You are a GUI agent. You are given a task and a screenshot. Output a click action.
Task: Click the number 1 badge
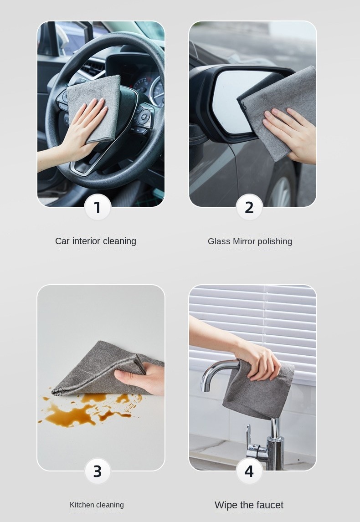pyautogui.click(x=98, y=207)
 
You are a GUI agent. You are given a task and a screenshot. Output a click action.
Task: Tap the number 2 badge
pyautogui.click(x=249, y=207)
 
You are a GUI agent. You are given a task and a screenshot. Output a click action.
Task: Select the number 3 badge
pyautogui.click(x=98, y=471)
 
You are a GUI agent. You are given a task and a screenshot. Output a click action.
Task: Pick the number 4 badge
pyautogui.click(x=249, y=471)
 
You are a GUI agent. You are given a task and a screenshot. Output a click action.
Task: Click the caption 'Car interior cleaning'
pyautogui.click(x=96, y=241)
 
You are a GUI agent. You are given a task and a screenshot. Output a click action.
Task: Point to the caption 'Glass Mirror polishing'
pyautogui.click(x=250, y=241)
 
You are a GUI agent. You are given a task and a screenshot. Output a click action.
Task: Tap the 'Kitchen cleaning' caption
pyautogui.click(x=97, y=505)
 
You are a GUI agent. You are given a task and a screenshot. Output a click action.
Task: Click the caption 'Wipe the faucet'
pyautogui.click(x=249, y=505)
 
